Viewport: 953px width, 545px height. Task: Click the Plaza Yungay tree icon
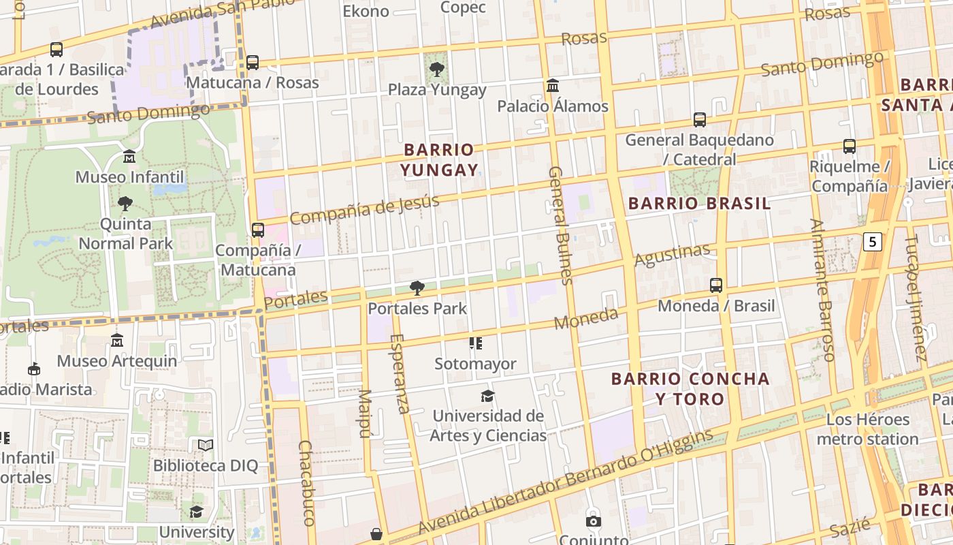[x=436, y=69]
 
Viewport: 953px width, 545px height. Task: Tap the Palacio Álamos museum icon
[x=553, y=86]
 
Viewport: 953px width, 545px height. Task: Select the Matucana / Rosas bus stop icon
[x=253, y=62]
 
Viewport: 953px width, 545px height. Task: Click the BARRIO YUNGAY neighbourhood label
[x=439, y=159]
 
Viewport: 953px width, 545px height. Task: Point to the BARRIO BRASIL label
[x=699, y=203]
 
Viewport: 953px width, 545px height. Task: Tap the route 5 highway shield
[x=873, y=241]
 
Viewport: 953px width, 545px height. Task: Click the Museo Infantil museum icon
[x=129, y=157]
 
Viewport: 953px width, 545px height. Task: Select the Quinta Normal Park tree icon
[x=125, y=203]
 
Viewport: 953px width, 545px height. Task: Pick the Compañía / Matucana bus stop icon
[x=258, y=230]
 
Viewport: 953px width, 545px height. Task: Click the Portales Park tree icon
[x=417, y=288]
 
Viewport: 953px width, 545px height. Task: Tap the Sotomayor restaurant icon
[x=475, y=343]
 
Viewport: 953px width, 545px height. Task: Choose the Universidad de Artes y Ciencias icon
[x=487, y=396]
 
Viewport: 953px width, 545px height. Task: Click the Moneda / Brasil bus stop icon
[x=716, y=285]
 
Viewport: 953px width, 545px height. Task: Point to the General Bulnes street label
[x=559, y=224]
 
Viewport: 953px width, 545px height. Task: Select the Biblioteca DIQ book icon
[x=205, y=446]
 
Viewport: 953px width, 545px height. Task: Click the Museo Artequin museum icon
[x=117, y=341]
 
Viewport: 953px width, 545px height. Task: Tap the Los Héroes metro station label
[x=868, y=429]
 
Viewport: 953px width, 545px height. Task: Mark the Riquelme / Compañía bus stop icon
[x=850, y=146]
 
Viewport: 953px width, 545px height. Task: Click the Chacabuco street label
[x=306, y=482]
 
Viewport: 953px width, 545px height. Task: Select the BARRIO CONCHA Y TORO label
[x=690, y=388]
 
